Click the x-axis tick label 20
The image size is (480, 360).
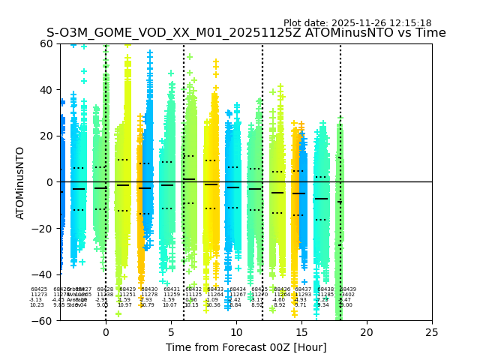point(366,332)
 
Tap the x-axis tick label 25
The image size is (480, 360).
point(431,332)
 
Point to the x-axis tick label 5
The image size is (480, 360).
point(171,332)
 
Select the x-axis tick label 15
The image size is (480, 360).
point(301,332)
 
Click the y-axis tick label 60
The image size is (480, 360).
point(46,43)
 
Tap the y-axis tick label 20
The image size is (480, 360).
point(46,136)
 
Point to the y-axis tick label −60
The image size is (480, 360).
point(43,321)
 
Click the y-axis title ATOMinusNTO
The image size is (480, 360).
point(21,182)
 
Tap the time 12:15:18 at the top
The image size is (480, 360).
point(409,23)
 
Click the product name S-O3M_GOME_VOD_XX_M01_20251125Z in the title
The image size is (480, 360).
point(179,33)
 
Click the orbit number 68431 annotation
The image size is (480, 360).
point(172,289)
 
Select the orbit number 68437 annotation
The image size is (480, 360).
point(303,289)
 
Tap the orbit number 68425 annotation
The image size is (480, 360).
point(39,289)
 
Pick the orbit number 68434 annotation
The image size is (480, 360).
point(238,289)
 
